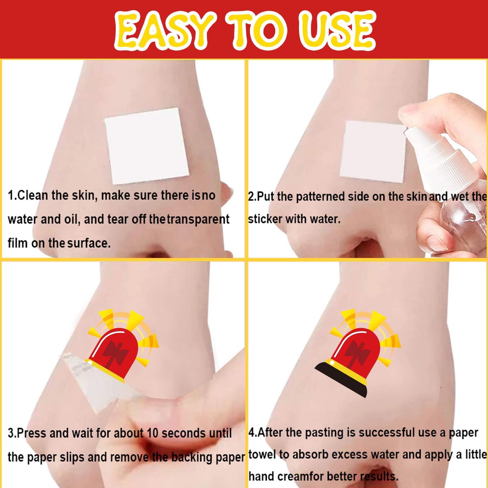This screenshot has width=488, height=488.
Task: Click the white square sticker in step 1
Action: (x=147, y=145)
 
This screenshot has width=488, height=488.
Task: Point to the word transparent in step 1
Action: (x=198, y=220)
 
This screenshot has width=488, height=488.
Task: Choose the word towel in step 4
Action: (x=264, y=454)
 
